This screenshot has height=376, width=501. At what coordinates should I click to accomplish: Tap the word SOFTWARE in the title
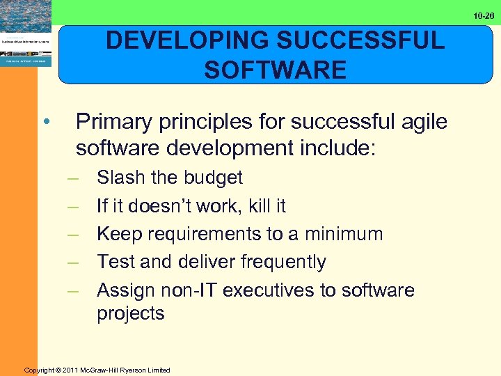click(275, 70)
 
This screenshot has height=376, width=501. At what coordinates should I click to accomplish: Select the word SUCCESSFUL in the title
click(364, 40)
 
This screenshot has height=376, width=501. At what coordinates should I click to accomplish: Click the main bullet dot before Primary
click(45, 123)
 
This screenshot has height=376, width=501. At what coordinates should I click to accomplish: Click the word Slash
click(121, 178)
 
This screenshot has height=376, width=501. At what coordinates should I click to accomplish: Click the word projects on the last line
click(131, 313)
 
